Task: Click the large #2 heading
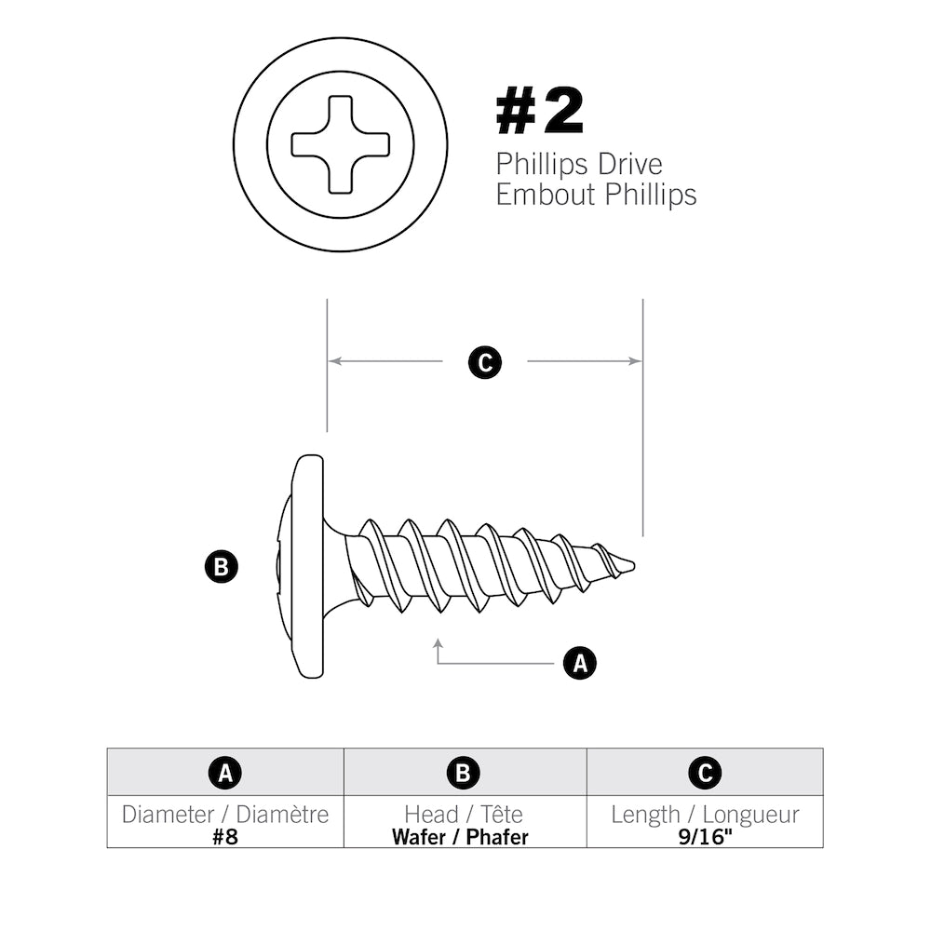pos(540,113)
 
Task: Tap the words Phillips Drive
pos(579,164)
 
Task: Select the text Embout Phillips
pos(596,195)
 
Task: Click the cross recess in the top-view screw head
pos(341,144)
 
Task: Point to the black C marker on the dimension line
pos(484,362)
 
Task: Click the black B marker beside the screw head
pos(221,567)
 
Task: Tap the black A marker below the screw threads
pos(579,663)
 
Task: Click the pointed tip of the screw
pos(630,564)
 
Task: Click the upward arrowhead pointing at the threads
pos(438,643)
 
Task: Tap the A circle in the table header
pos(225,772)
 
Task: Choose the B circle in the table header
pos(464,772)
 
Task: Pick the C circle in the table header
pos(705,772)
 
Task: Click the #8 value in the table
pos(225,836)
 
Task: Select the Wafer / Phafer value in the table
pos(460,836)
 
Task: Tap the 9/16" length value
pos(705,836)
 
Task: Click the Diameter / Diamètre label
pos(225,815)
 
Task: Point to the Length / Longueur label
pos(705,815)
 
